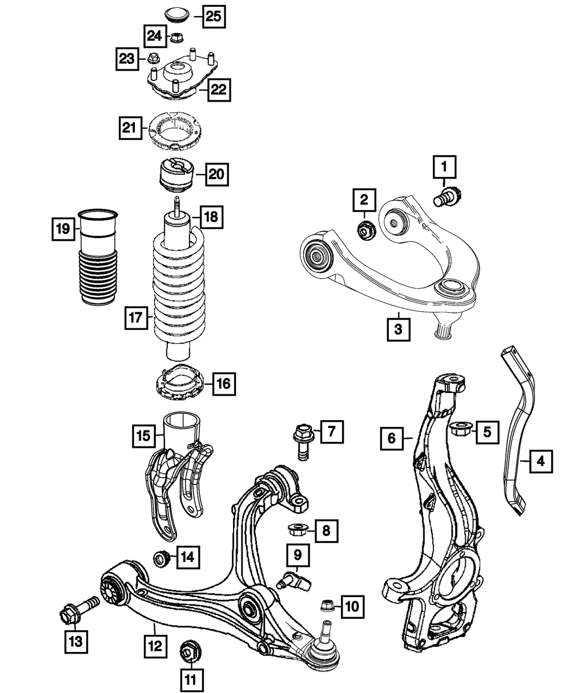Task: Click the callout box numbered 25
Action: click(x=213, y=17)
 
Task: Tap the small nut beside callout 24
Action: click(x=176, y=38)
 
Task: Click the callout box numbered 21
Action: click(x=130, y=128)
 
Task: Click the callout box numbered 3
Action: click(x=399, y=329)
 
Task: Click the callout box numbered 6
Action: click(x=392, y=438)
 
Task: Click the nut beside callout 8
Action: click(x=296, y=530)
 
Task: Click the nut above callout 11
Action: click(x=188, y=651)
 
